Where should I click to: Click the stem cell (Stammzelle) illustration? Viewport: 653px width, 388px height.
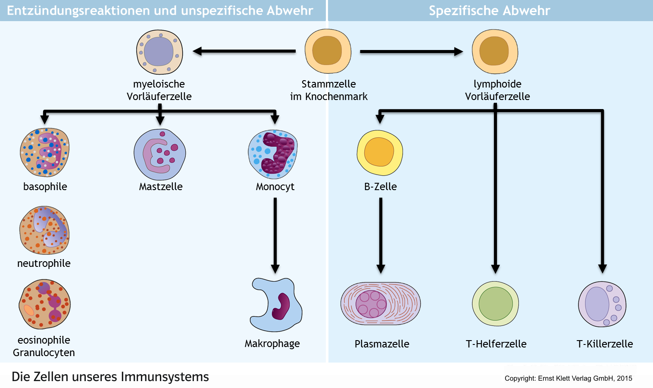click(328, 51)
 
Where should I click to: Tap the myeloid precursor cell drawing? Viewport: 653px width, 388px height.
click(159, 52)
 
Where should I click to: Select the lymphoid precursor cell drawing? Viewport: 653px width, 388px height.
click(495, 51)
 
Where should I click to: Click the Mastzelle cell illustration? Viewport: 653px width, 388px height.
click(160, 155)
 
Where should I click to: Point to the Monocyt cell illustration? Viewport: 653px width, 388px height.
click(273, 154)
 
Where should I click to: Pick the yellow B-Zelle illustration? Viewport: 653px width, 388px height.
click(380, 153)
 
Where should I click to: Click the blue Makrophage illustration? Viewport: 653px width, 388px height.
click(276, 305)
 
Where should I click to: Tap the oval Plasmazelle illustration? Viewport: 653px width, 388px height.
click(380, 304)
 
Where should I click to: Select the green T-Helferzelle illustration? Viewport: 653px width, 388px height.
click(495, 304)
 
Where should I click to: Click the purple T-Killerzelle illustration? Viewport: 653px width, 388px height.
click(602, 304)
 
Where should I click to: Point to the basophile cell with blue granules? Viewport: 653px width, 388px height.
click(44, 152)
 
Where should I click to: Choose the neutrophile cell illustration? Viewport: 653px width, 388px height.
click(44, 230)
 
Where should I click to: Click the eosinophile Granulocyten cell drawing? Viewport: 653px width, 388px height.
click(44, 304)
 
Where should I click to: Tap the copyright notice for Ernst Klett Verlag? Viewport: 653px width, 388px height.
click(568, 378)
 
